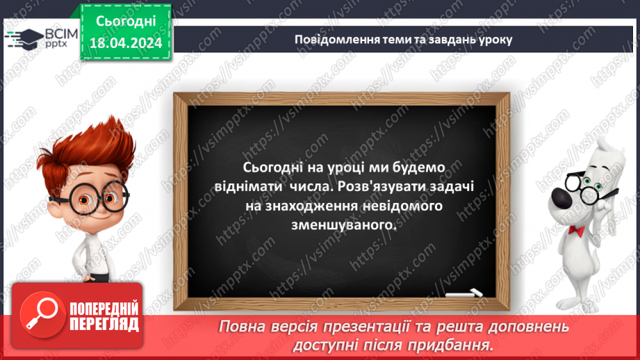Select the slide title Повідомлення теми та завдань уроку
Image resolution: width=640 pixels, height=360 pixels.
pos(404,39)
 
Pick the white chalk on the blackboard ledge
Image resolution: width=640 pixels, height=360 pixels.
pos(463,294)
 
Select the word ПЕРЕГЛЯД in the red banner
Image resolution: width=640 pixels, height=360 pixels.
pos(104,324)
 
